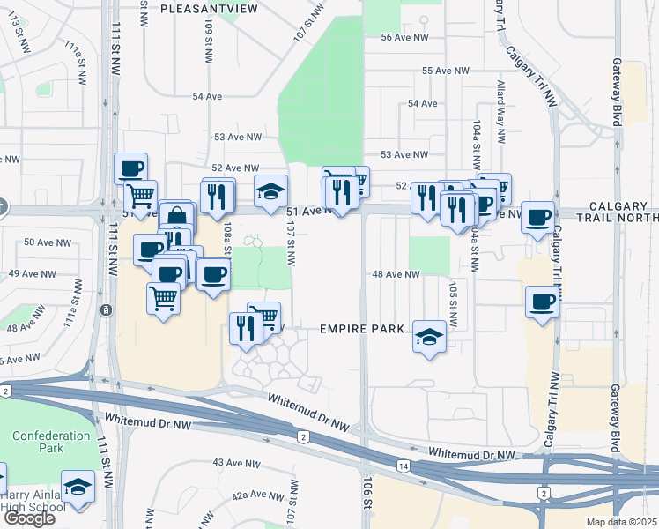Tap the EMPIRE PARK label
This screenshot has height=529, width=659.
point(361,329)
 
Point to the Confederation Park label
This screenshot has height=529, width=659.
point(51,442)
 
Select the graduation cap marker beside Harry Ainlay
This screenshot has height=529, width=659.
point(78,489)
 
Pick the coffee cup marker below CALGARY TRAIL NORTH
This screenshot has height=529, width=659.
point(537,217)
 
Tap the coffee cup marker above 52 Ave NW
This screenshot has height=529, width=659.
point(130,168)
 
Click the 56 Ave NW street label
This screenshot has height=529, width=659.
point(404,37)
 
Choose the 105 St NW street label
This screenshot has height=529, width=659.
point(453,305)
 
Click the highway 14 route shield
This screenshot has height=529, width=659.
point(404,465)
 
